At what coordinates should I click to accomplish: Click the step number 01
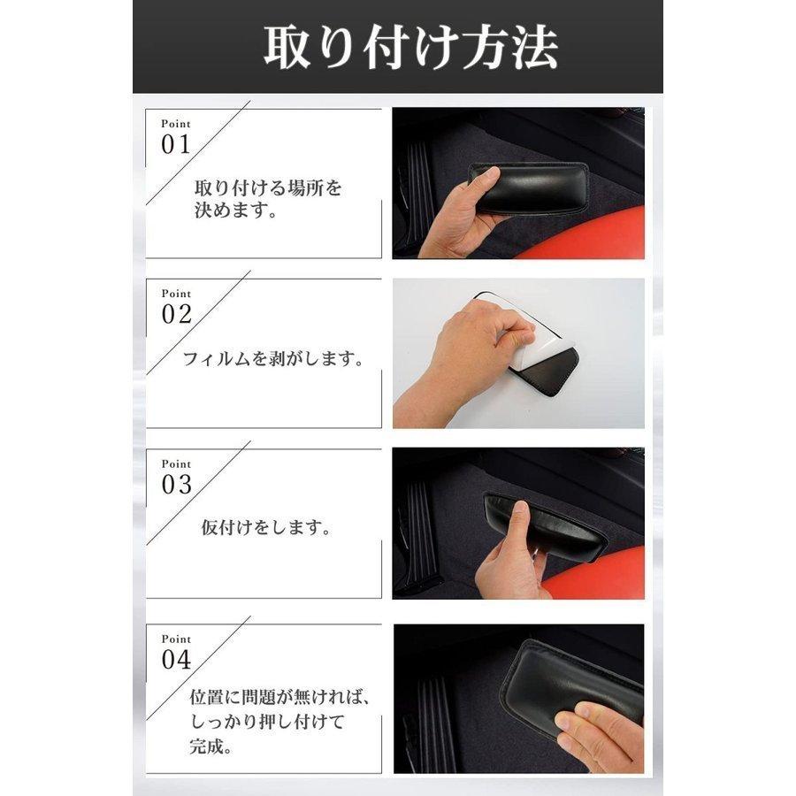tap(176, 146)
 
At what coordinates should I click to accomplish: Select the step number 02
tap(176, 315)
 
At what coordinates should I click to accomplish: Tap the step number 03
tap(176, 485)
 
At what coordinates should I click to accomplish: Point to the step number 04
tap(176, 660)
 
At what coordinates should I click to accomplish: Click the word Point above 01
tap(175, 125)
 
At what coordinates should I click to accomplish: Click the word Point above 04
tap(175, 639)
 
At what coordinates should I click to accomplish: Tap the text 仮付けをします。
tap(266, 529)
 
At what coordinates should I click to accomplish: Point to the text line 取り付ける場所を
tap(267, 188)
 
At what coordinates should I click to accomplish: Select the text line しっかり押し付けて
tap(266, 721)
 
